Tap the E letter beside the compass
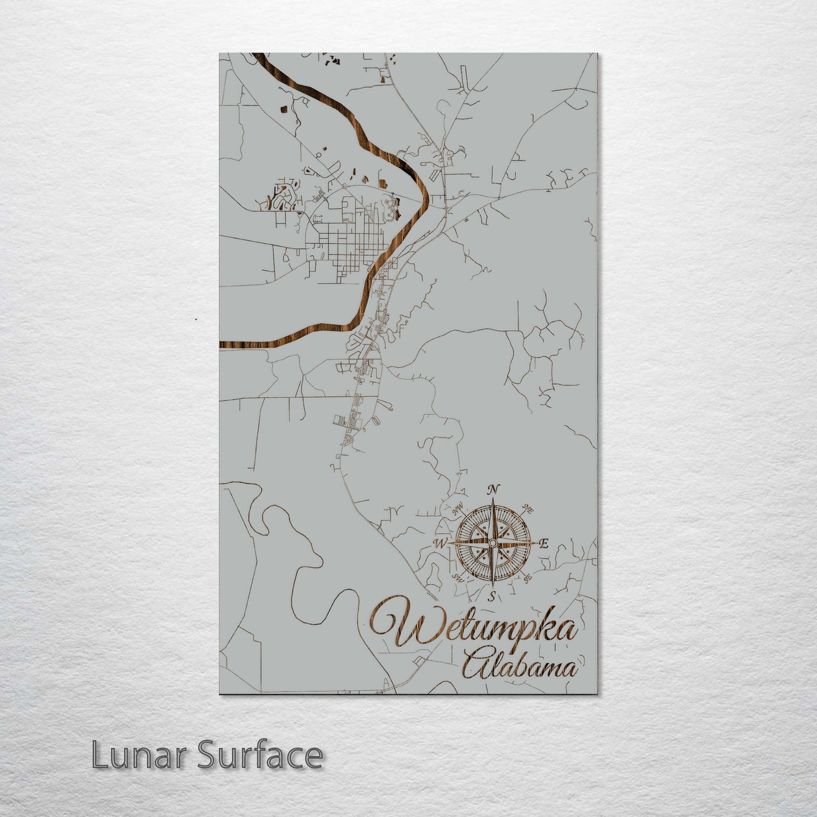(x=544, y=544)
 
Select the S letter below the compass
(x=492, y=596)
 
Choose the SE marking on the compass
(x=527, y=578)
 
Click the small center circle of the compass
(x=492, y=543)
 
